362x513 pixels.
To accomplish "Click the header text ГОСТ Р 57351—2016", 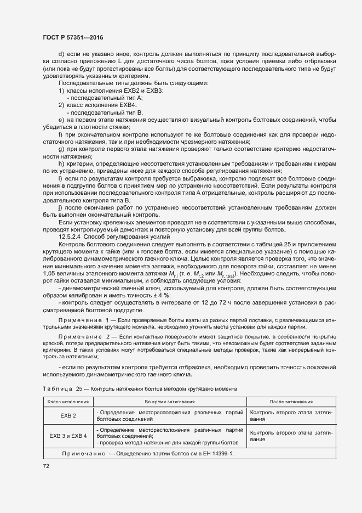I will [x=72, y=37].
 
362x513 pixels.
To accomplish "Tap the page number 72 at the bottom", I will [x=46, y=466].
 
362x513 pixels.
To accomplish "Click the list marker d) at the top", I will [x=61, y=54].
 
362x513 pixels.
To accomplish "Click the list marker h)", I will [x=61, y=164].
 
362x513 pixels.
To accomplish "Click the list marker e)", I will [x=61, y=119].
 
